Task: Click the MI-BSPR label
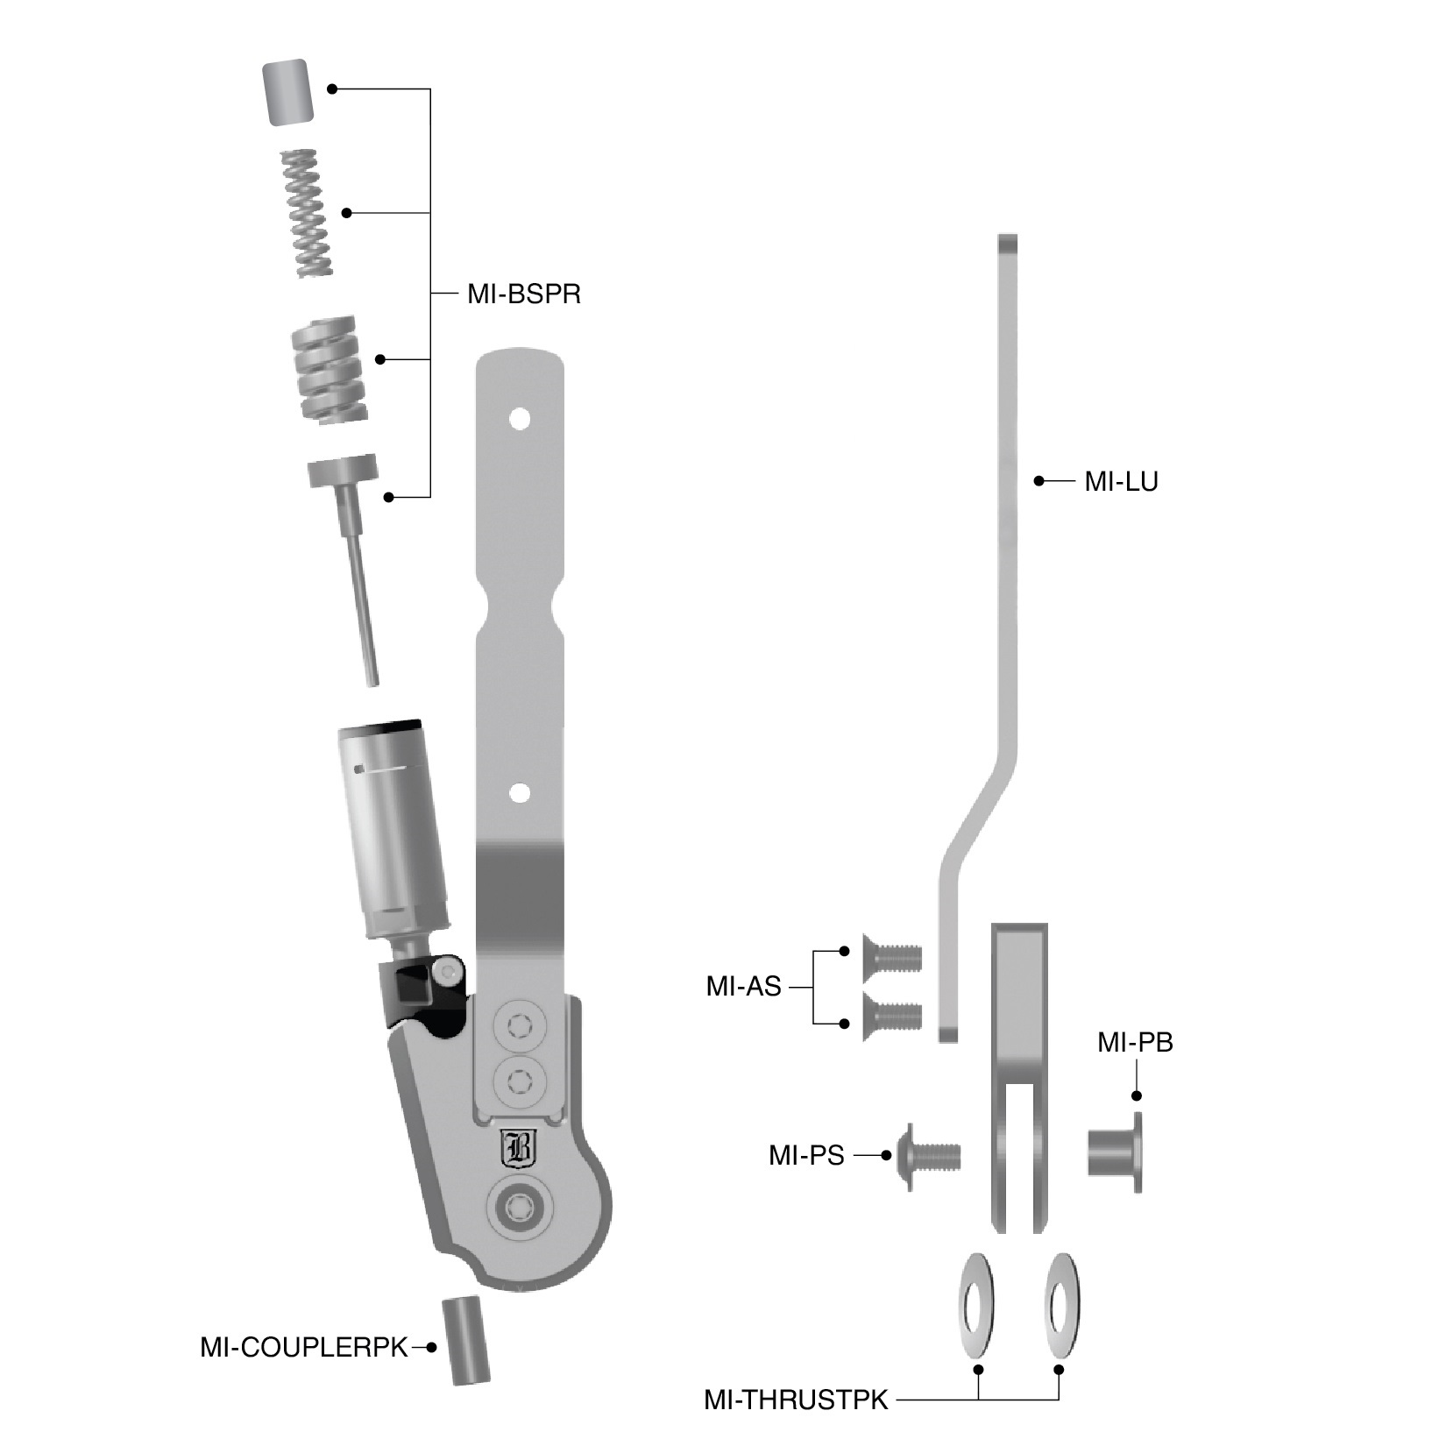[524, 294]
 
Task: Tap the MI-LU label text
[1121, 481]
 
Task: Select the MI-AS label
[743, 987]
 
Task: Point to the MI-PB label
[1135, 1043]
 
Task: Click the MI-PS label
[806, 1156]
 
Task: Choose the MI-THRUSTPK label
[796, 1400]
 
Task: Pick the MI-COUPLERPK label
[304, 1347]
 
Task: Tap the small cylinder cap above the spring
[287, 90]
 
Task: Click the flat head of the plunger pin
[343, 470]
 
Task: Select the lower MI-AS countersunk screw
[892, 1014]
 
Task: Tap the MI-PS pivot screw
[928, 1156]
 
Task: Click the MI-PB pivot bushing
[1116, 1152]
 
